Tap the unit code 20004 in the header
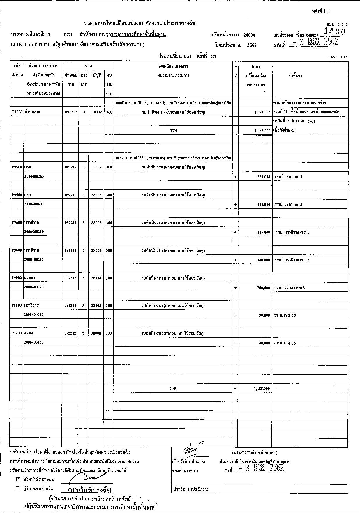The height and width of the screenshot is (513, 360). tap(249, 35)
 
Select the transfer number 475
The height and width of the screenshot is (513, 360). tap(213, 57)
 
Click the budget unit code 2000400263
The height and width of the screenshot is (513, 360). tap(34, 176)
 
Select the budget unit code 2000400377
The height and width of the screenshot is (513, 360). tap(34, 287)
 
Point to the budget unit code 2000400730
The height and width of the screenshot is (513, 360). tap(34, 342)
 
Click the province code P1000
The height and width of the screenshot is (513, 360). tap(17, 112)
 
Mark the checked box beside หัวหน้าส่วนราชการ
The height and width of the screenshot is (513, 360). tap(18, 479)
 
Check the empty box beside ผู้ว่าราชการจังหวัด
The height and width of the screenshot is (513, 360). tap(18, 488)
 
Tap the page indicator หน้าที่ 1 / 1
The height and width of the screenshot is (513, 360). tap(321, 11)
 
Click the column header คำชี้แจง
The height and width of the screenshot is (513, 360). tap(295, 76)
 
